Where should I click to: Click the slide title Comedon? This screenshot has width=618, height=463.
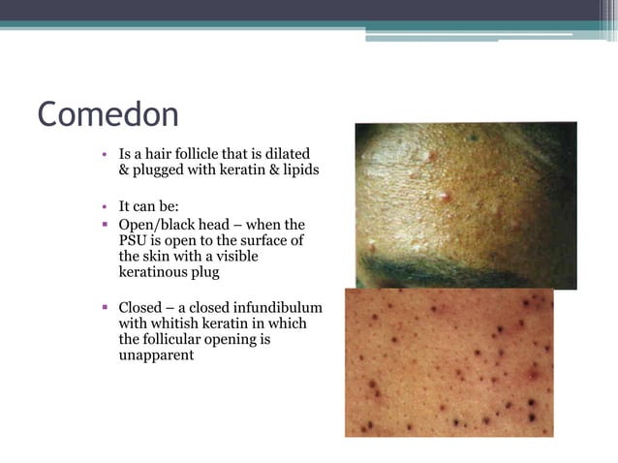point(108,114)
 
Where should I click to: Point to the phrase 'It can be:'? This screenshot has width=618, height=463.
point(145,206)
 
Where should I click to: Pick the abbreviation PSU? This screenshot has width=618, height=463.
point(134,241)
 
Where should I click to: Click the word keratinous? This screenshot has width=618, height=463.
point(155,273)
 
